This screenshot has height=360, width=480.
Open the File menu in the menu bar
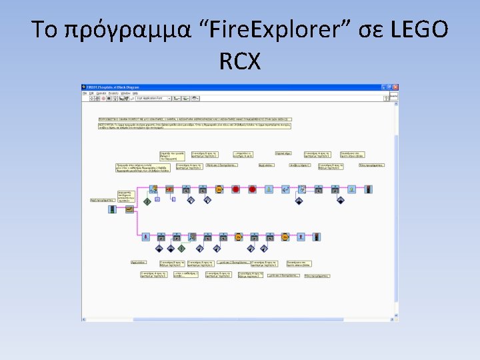click(x=85, y=93)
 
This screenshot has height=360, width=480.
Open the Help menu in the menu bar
click(x=135, y=93)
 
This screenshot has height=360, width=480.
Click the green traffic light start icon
click(x=111, y=209)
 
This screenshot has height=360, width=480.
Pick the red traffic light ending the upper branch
click(x=368, y=189)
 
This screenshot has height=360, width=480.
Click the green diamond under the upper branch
click(x=147, y=201)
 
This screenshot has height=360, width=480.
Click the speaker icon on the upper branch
click(x=285, y=189)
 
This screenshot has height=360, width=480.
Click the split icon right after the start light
click(x=129, y=209)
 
